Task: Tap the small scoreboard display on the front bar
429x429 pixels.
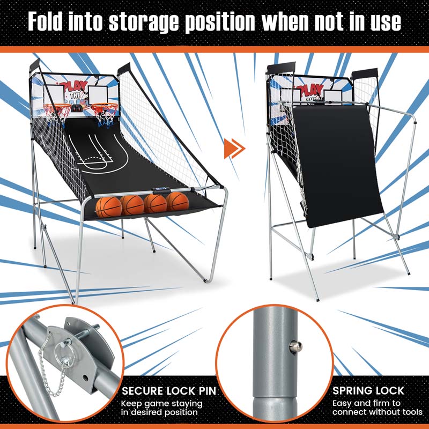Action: (x=161, y=189)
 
